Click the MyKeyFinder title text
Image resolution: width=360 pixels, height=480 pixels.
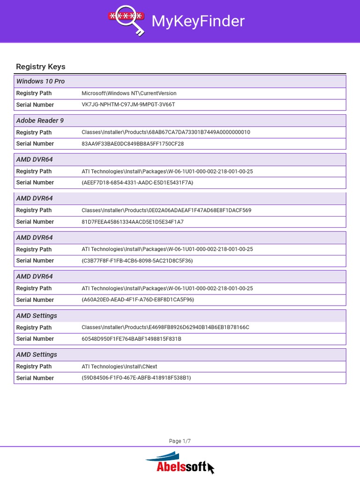[x=197, y=21]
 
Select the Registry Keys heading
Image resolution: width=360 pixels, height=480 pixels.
[x=41, y=67]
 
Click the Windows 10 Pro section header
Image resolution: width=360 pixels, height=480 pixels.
[x=40, y=81]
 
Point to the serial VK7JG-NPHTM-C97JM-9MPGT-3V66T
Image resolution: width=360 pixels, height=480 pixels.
[x=128, y=105]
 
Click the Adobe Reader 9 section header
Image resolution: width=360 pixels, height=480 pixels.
[x=40, y=120]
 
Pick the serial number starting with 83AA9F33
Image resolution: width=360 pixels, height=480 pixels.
[x=133, y=143]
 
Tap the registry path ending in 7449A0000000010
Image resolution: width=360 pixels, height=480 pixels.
[x=165, y=132]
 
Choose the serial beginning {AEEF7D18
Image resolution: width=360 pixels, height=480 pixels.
[x=137, y=182]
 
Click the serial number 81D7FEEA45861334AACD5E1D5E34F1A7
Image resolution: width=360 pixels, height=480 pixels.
[x=133, y=222]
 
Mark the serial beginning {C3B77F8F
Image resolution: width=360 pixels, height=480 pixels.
[x=137, y=261]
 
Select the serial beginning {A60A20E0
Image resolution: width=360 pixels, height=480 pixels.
[x=137, y=300]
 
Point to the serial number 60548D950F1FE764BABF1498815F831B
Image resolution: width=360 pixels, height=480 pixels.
[x=131, y=338]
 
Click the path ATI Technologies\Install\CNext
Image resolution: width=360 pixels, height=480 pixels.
[x=119, y=367]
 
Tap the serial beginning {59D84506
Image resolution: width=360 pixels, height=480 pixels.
[x=136, y=378]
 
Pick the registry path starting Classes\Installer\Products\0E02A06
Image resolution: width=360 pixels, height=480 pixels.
[x=166, y=210]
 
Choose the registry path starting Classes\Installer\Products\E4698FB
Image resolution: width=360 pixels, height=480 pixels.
[x=165, y=327]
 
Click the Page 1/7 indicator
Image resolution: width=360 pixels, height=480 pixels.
[x=180, y=441]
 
